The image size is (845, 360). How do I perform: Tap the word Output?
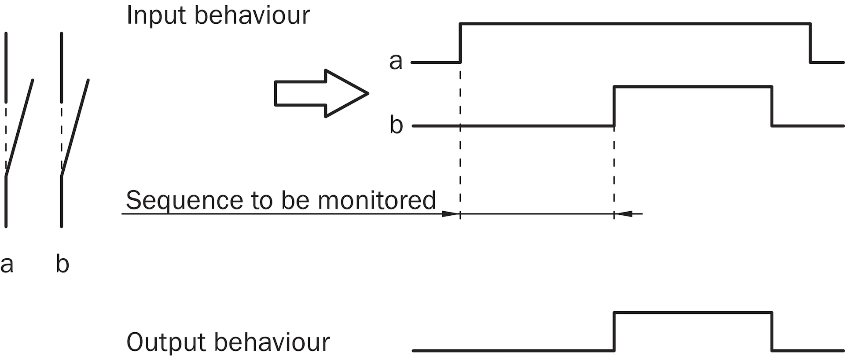coord(166,342)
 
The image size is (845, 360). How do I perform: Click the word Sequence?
coord(184,200)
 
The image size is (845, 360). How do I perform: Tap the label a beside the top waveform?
coord(396,62)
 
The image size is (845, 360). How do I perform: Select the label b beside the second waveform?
coord(396,125)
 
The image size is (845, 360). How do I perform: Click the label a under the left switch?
coord(7,264)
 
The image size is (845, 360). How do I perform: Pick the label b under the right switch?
coord(62,264)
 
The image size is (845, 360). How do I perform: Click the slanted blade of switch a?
coord(19,128)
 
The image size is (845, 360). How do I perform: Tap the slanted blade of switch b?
coord(75,128)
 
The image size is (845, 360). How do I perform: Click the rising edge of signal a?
coord(460,43)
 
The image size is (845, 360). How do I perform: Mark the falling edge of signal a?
coord(810,43)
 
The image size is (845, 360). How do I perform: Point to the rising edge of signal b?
coord(614,107)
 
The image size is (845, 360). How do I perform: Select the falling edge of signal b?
coord(772,107)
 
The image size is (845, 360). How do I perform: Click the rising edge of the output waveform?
coord(614,331)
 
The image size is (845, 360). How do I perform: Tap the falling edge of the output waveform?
coord(772,331)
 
